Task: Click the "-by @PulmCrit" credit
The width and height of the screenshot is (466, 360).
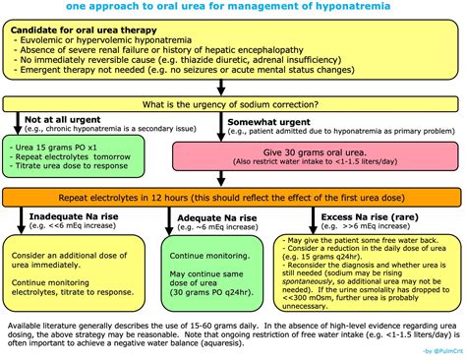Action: (x=434, y=351)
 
